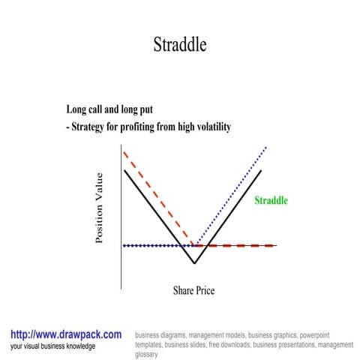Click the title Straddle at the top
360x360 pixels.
coord(179,44)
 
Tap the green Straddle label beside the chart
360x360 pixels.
coord(271,201)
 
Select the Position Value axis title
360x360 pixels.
coord(100,208)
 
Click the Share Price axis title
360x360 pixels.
coord(193,290)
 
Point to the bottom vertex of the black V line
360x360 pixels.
coord(194,263)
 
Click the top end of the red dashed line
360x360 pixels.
coord(124,152)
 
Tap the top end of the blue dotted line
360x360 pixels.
coord(266,148)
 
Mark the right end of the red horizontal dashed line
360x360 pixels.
coord(274,245)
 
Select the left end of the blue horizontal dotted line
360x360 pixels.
coord(124,245)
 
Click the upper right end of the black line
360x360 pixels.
coord(261,171)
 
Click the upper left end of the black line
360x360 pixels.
coord(124,171)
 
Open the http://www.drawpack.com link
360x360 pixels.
coord(66,334)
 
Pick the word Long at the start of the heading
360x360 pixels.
coord(78,109)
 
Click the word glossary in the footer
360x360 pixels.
coord(147,355)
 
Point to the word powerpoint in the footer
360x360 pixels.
coord(320,335)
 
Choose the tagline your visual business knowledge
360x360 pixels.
coord(53,346)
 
